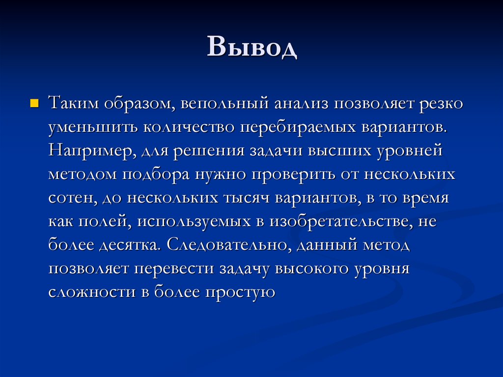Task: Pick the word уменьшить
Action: click(x=92, y=127)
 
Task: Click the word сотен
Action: click(x=71, y=198)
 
